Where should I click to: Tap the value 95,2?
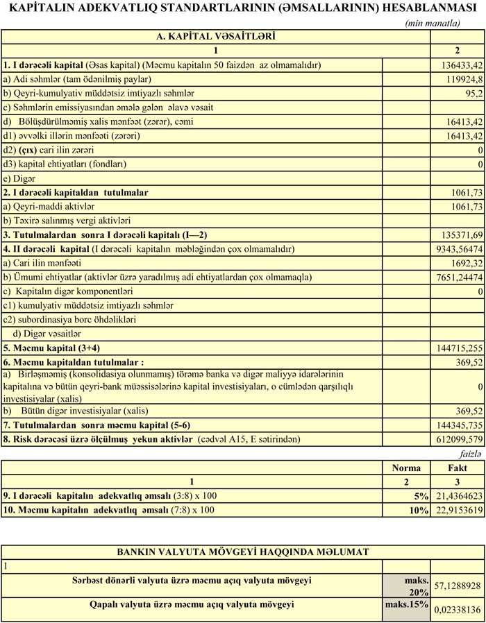coord(471,93)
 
